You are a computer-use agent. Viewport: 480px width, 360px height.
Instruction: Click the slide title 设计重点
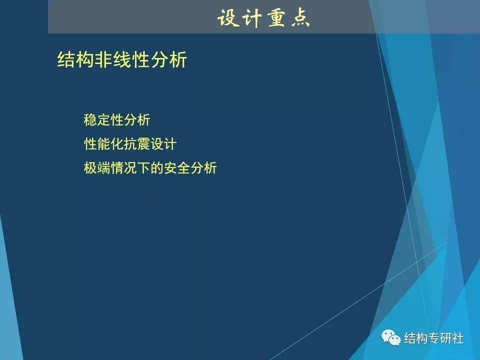click(x=263, y=18)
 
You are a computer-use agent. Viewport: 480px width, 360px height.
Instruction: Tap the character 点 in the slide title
click(x=300, y=18)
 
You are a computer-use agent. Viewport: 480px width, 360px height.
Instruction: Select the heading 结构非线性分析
click(x=122, y=60)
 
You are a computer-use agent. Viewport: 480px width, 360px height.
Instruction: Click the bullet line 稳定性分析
click(x=117, y=120)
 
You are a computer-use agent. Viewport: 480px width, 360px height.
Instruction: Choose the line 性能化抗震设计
click(x=130, y=144)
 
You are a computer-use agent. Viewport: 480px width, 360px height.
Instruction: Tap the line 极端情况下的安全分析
click(x=150, y=167)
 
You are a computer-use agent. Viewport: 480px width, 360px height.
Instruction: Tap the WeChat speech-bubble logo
click(x=391, y=338)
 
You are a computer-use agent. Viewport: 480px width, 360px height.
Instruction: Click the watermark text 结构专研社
click(x=433, y=338)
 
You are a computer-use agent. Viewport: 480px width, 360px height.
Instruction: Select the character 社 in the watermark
click(x=457, y=338)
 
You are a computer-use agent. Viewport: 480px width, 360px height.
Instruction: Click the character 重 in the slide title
click(x=276, y=18)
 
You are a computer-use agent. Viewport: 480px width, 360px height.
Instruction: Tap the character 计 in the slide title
click(x=251, y=18)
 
